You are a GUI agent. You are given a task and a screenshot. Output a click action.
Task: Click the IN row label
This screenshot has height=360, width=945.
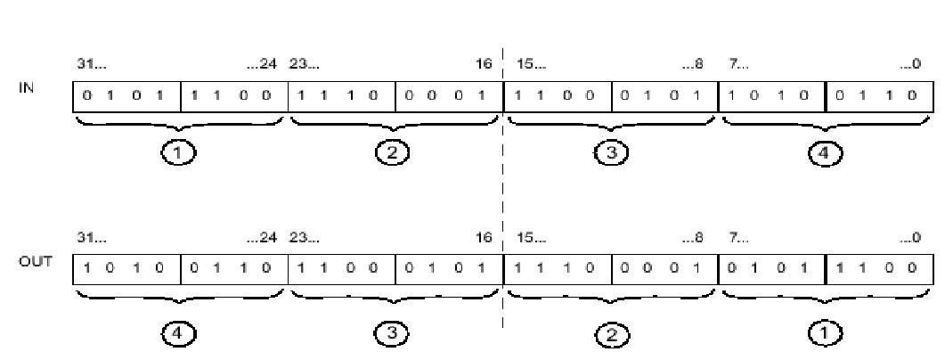(27, 88)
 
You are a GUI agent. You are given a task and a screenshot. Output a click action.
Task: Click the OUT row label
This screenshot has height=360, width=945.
(36, 262)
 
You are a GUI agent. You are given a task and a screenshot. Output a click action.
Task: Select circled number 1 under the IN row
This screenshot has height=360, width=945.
(178, 153)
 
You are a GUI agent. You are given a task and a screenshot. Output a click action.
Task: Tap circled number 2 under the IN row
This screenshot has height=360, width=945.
(393, 153)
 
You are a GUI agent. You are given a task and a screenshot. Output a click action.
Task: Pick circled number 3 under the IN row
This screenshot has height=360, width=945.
(610, 153)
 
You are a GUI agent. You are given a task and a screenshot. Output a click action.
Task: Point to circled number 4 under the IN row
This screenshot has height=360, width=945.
(825, 153)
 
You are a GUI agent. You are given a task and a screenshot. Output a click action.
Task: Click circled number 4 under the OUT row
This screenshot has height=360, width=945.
(178, 333)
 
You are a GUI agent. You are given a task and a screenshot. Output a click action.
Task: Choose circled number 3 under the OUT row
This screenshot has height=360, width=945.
(393, 333)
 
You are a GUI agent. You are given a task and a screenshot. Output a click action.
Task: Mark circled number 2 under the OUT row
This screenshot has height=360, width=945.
(610, 335)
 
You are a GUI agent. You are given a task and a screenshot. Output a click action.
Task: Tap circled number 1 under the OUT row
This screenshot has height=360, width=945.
(825, 333)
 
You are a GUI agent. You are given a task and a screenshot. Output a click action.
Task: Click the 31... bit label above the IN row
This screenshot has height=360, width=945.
(91, 64)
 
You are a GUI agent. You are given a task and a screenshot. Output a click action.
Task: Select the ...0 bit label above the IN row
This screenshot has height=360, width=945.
(910, 64)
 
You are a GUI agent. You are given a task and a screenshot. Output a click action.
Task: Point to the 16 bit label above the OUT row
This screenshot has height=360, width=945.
(484, 238)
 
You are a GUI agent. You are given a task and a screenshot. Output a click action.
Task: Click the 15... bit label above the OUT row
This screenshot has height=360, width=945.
(532, 238)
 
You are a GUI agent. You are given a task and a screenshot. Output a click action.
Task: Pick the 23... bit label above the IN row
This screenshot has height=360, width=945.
(305, 64)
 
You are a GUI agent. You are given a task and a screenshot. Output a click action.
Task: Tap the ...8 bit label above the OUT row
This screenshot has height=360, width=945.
(692, 238)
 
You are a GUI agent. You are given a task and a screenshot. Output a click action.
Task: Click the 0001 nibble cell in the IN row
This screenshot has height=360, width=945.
(449, 96)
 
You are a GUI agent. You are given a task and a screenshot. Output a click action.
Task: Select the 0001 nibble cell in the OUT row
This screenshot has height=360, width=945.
(665, 269)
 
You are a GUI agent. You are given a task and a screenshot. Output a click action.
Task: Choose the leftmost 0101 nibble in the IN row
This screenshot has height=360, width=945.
(126, 96)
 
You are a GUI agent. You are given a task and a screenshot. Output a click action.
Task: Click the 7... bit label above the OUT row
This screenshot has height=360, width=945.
(738, 238)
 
